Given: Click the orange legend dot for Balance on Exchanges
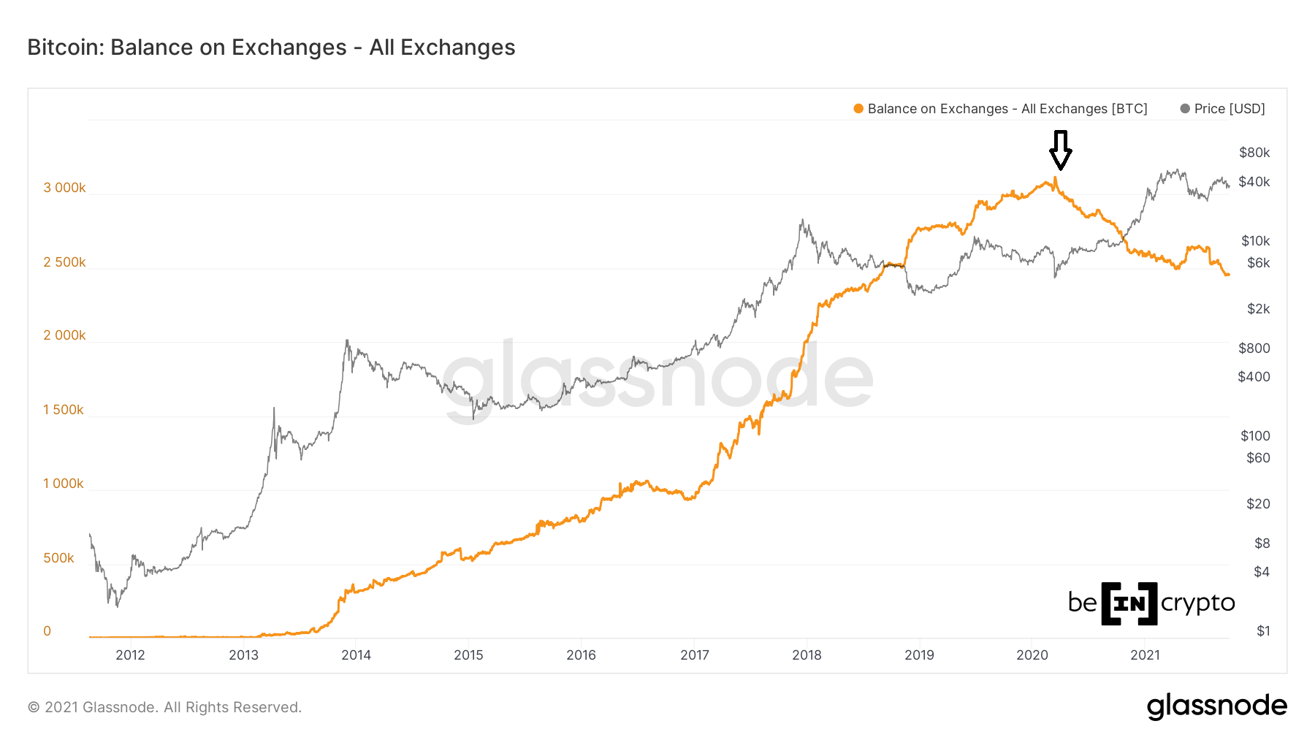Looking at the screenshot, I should coord(858,109).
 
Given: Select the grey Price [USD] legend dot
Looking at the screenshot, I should coord(1185,109).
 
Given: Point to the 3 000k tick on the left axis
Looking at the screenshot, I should coord(64,188).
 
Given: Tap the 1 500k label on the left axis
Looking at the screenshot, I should coord(64,410).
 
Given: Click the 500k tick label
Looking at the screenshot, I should coord(58,558).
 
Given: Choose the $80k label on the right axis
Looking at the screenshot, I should coord(1254,153).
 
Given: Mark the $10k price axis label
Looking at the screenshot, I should coord(1255,241).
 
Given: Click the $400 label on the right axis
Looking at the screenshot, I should coord(1254,377).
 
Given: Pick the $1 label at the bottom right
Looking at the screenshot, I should coord(1263,631).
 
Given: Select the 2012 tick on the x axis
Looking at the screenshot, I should coord(130,655).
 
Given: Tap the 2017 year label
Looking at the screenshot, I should coord(694,655).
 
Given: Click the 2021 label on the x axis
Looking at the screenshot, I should coord(1145,655).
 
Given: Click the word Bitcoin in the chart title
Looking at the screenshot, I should coord(65,47).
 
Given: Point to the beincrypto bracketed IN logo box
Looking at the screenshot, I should coord(1129,603).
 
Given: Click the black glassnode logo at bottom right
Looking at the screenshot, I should coord(1216,706).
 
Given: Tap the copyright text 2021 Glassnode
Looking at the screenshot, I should coord(164,707).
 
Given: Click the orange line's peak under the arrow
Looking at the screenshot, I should coord(1055,178).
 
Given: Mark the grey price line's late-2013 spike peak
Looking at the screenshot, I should coord(347,340).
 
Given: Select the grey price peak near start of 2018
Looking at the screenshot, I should coord(802,220).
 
